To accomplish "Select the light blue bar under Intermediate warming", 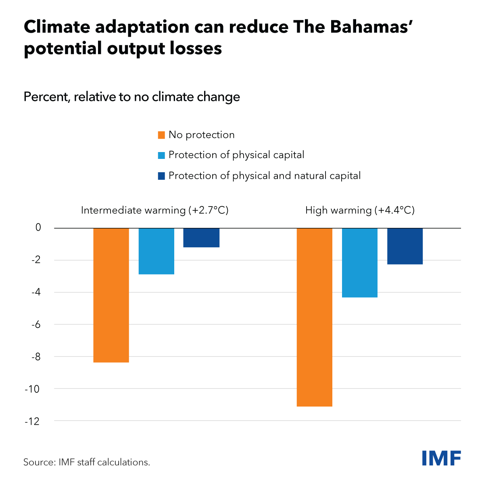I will pyautogui.click(x=156, y=251).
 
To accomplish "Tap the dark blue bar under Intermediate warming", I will pyautogui.click(x=201, y=238).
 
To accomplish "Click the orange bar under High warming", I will pyautogui.click(x=314, y=317).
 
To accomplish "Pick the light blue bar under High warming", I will pyautogui.click(x=359, y=263).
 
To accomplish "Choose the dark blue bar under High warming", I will pyautogui.click(x=405, y=246).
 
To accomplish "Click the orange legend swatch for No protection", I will pyautogui.click(x=161, y=135).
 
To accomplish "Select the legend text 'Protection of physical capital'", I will pyautogui.click(x=236, y=155).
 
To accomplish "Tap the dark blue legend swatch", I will pyautogui.click(x=161, y=176).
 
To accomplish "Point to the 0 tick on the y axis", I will pyautogui.click(x=38, y=227).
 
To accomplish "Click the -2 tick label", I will pyautogui.click(x=36, y=260).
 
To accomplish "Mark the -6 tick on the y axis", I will pyautogui.click(x=36, y=324).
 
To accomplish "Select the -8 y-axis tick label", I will pyautogui.click(x=36, y=357).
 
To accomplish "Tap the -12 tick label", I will pyautogui.click(x=33, y=421).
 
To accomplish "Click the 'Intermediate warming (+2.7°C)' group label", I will pyautogui.click(x=155, y=210).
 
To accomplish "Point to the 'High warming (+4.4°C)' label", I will pyautogui.click(x=360, y=210).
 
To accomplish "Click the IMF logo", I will pyautogui.click(x=441, y=458).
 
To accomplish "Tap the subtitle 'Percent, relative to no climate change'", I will pyautogui.click(x=132, y=97).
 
